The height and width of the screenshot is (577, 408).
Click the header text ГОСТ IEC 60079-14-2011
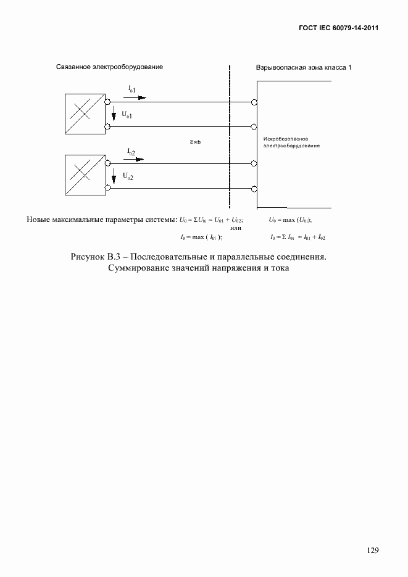(339, 28)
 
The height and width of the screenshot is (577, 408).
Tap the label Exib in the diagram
(196, 142)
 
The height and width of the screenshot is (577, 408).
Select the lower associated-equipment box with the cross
(84, 176)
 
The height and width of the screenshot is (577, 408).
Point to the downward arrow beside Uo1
(114, 116)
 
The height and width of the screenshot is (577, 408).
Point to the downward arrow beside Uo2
(114, 178)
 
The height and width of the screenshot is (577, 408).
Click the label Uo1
(127, 115)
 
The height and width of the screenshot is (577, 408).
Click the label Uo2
(128, 176)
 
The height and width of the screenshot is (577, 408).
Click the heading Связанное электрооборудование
(109, 67)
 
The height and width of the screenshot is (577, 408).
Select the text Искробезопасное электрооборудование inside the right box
(291, 142)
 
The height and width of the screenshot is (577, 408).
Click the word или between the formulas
(235, 227)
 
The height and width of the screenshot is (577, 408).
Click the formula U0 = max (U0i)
(290, 219)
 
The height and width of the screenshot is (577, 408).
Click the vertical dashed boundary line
(230, 136)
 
